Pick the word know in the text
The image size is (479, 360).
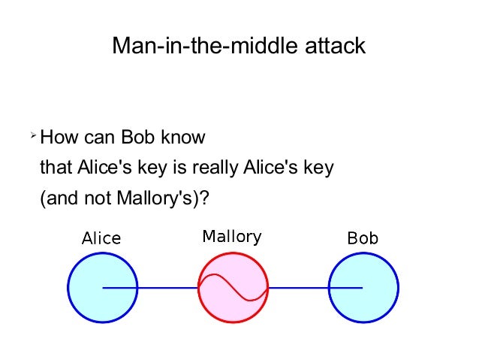coord(185,138)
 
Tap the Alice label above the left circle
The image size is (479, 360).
coord(101,239)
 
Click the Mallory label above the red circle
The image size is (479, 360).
coord(232,237)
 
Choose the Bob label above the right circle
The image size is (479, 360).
coord(363,239)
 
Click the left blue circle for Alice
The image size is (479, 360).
coord(85,288)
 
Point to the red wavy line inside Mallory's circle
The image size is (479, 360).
coord(233,288)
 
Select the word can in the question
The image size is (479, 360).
coord(101,138)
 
